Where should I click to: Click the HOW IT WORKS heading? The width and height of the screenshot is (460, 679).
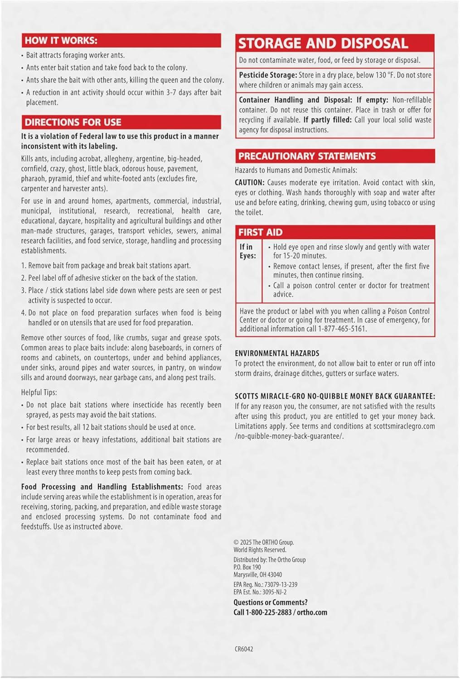61,40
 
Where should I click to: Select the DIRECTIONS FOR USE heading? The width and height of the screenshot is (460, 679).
73,122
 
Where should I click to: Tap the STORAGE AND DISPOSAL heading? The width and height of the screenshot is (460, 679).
323,43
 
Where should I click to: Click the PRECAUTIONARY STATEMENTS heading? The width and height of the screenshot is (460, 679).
307,156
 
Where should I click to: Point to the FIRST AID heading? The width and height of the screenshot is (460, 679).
261,232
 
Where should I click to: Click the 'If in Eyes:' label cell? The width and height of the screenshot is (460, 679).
248,251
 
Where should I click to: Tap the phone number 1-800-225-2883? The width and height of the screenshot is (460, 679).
269,612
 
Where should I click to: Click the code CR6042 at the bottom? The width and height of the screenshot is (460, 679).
244,649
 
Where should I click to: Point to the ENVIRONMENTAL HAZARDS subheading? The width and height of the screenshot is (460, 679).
277,353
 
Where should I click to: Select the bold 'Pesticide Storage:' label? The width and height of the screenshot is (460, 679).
268,75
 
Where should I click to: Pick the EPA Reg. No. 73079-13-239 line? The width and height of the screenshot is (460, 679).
265,584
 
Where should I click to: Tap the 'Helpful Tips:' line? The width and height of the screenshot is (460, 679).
39,392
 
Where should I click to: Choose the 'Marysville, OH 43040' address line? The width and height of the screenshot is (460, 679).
257,574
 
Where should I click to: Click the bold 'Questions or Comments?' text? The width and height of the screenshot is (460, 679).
270,602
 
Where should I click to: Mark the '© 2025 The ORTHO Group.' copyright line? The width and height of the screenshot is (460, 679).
263,542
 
